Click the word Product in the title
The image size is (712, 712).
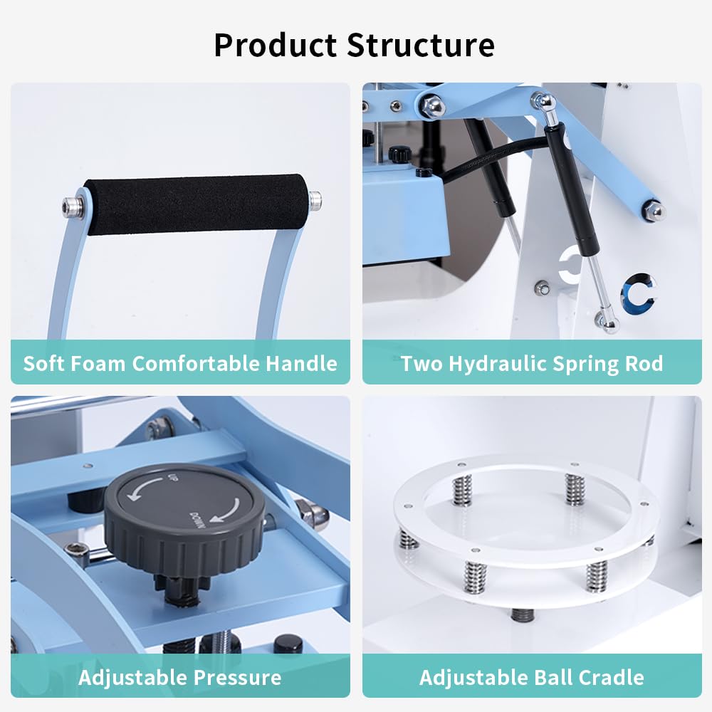[x=275, y=46]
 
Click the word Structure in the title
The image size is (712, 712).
[x=421, y=46]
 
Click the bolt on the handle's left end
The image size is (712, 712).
[x=70, y=206]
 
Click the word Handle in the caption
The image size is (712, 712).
[x=301, y=364]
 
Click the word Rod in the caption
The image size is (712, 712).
[x=644, y=364]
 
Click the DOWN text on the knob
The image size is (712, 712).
[x=197, y=522]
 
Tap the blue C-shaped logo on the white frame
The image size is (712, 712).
[x=637, y=292]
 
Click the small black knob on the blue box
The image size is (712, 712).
[x=399, y=153]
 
